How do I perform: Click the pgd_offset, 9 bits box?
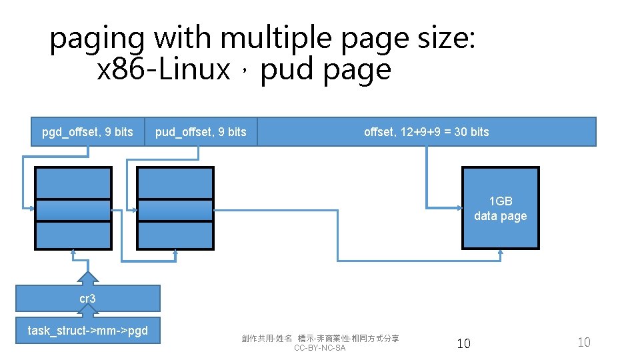(x=87, y=132)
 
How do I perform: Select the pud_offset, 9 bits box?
(x=201, y=132)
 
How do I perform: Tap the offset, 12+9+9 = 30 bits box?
(x=426, y=132)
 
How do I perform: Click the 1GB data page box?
(x=500, y=209)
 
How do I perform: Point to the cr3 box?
(x=87, y=299)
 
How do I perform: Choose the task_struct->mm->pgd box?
(x=87, y=330)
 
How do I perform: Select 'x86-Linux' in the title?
(x=163, y=69)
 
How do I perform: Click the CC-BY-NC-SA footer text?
(x=320, y=349)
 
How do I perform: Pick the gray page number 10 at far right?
(x=583, y=343)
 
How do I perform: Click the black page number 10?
(x=463, y=343)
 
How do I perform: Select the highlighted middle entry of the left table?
(x=73, y=210)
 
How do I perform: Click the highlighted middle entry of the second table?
(x=175, y=210)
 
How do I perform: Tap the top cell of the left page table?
(x=73, y=183)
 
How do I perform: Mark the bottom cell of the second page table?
(x=175, y=235)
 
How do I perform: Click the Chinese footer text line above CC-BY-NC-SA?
(x=320, y=339)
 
